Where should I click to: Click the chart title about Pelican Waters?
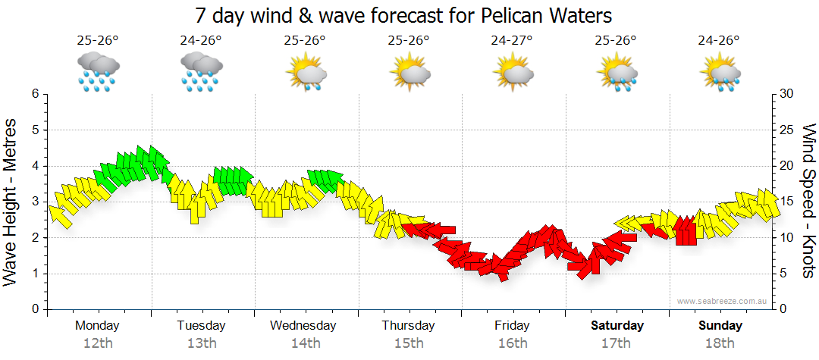pos(403,15)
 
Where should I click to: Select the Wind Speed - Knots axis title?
pos(808,201)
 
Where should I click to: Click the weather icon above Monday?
pos(97,72)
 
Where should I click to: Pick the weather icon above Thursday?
pos(409,72)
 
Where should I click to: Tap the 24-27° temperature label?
pos(512,40)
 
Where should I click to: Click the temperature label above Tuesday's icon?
pos(201,40)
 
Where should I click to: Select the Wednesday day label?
pos(303,326)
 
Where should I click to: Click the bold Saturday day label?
pos(617,326)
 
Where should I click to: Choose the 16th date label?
pos(513,343)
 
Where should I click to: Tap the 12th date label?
pos(97,343)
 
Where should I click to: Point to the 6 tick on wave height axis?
pos(35,94)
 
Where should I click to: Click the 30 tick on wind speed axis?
pos(786,94)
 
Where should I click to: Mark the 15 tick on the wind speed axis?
pos(786,202)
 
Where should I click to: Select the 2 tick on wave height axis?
pos(35,238)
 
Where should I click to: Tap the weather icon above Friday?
pos(513,72)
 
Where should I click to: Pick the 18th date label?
pos(720,343)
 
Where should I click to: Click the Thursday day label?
pos(408,326)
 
